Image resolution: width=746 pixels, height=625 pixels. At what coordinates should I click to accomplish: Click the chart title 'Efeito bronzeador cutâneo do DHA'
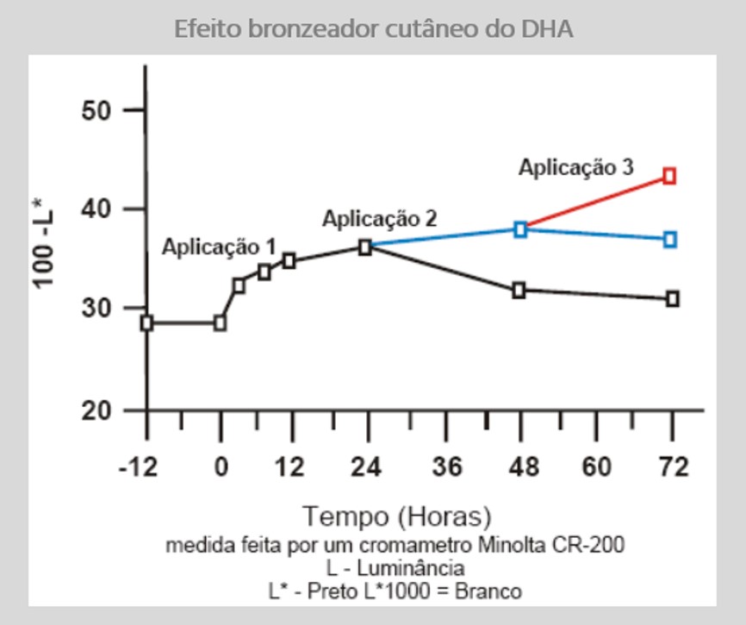[x=373, y=28]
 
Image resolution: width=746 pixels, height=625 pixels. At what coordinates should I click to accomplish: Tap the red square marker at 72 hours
[x=669, y=176]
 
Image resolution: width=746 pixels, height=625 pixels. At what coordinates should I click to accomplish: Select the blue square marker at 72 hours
[x=670, y=239]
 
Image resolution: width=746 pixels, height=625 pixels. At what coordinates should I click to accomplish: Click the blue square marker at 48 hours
[x=520, y=229]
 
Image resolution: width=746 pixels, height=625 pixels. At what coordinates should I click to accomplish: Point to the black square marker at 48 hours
[x=519, y=291]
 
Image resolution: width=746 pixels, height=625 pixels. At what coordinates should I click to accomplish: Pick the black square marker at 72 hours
[x=672, y=298]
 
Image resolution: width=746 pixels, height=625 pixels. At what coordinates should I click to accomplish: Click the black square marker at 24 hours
[x=365, y=247]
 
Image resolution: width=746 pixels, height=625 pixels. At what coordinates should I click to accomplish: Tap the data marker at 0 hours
[x=220, y=323]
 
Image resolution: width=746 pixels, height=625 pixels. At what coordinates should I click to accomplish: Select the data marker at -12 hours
[x=146, y=323]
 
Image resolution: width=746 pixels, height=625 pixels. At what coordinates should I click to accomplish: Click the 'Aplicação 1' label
[x=219, y=247]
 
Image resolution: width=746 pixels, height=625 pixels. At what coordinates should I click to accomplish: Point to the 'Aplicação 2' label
[x=379, y=218]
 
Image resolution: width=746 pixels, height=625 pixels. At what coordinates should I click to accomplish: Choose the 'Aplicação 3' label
[x=575, y=167]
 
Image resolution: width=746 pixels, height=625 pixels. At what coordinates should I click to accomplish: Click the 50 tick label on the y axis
[x=96, y=110]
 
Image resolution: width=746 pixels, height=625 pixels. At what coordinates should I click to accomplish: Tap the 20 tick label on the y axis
[x=96, y=411]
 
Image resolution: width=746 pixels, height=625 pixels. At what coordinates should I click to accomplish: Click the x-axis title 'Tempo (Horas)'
[x=397, y=516]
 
